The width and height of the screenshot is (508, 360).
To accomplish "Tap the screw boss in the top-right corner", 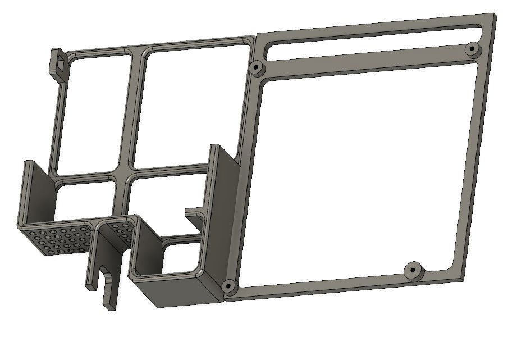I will [x=472, y=49].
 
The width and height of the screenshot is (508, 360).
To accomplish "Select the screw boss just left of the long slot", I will [x=257, y=68].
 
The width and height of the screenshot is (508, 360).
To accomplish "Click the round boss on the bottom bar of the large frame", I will [x=413, y=270].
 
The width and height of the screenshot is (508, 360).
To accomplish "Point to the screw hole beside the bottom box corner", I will [x=228, y=286].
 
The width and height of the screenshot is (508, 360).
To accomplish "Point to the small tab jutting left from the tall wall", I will [x=194, y=214].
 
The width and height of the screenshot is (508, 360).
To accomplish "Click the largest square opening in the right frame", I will [x=359, y=168].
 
